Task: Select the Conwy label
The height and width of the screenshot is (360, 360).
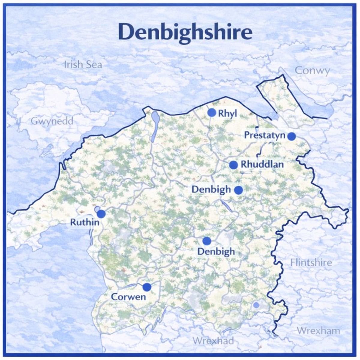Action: pos(312,71)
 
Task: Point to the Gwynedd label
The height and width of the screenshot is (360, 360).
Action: pos(52,121)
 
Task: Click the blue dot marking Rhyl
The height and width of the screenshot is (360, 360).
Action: pos(212,112)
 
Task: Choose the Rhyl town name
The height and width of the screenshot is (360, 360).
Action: pos(228,113)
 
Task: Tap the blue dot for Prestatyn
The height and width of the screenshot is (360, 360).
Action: pos(291,136)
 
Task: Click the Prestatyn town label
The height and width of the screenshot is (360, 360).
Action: pos(264,135)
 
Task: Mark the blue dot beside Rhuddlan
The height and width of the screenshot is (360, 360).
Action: pos(233,165)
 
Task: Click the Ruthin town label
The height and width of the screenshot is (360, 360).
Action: pos(84,222)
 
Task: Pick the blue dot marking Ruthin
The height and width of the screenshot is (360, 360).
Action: pos(101,214)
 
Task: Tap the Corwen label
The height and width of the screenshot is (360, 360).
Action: pos(128,297)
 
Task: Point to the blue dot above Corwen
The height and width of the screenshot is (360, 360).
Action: pos(147,287)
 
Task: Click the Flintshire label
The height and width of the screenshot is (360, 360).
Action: pos(311,263)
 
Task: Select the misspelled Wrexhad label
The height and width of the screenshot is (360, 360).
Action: pos(213,341)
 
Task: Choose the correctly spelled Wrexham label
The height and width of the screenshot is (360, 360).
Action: pos(318,331)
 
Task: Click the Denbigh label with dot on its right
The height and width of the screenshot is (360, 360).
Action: pos(211,189)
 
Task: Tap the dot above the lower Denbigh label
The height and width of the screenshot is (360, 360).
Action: pos(206,241)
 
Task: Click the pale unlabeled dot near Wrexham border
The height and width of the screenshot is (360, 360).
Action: pos(256,305)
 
